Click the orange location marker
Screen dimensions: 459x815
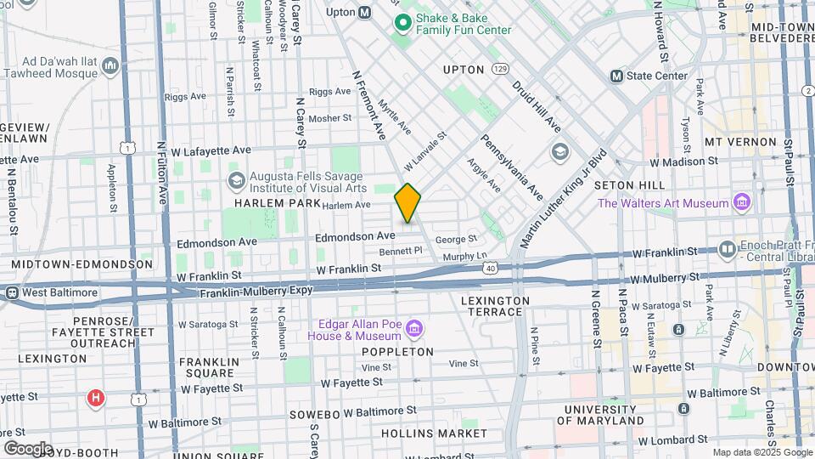pos(407,203)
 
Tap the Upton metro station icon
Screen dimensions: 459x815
pos(365,13)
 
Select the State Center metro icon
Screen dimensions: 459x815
pos(617,76)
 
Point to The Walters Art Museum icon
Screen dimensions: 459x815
pos(742,202)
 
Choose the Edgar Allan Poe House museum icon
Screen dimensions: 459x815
pos(414,328)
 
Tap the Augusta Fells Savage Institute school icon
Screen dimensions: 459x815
pos(237,180)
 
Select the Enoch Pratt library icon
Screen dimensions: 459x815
pos(727,249)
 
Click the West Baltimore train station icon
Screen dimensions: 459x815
pos(11,293)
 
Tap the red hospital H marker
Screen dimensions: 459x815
pos(96,397)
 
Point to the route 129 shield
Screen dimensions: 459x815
pos(500,68)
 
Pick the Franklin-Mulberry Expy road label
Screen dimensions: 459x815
pos(256,291)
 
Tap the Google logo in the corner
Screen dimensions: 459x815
pos(28,448)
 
